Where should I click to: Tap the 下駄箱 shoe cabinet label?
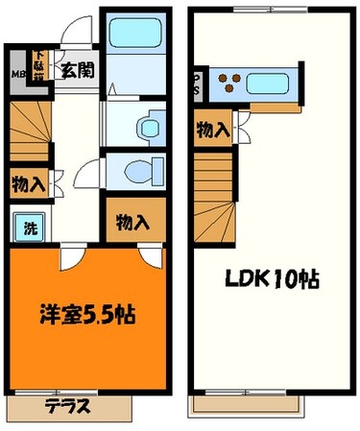coord(37,65)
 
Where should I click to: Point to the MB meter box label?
coord(18,73)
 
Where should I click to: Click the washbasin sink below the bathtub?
coord(145,126)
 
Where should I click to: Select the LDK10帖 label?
coord(272,282)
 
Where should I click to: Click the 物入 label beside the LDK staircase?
coord(211,131)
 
